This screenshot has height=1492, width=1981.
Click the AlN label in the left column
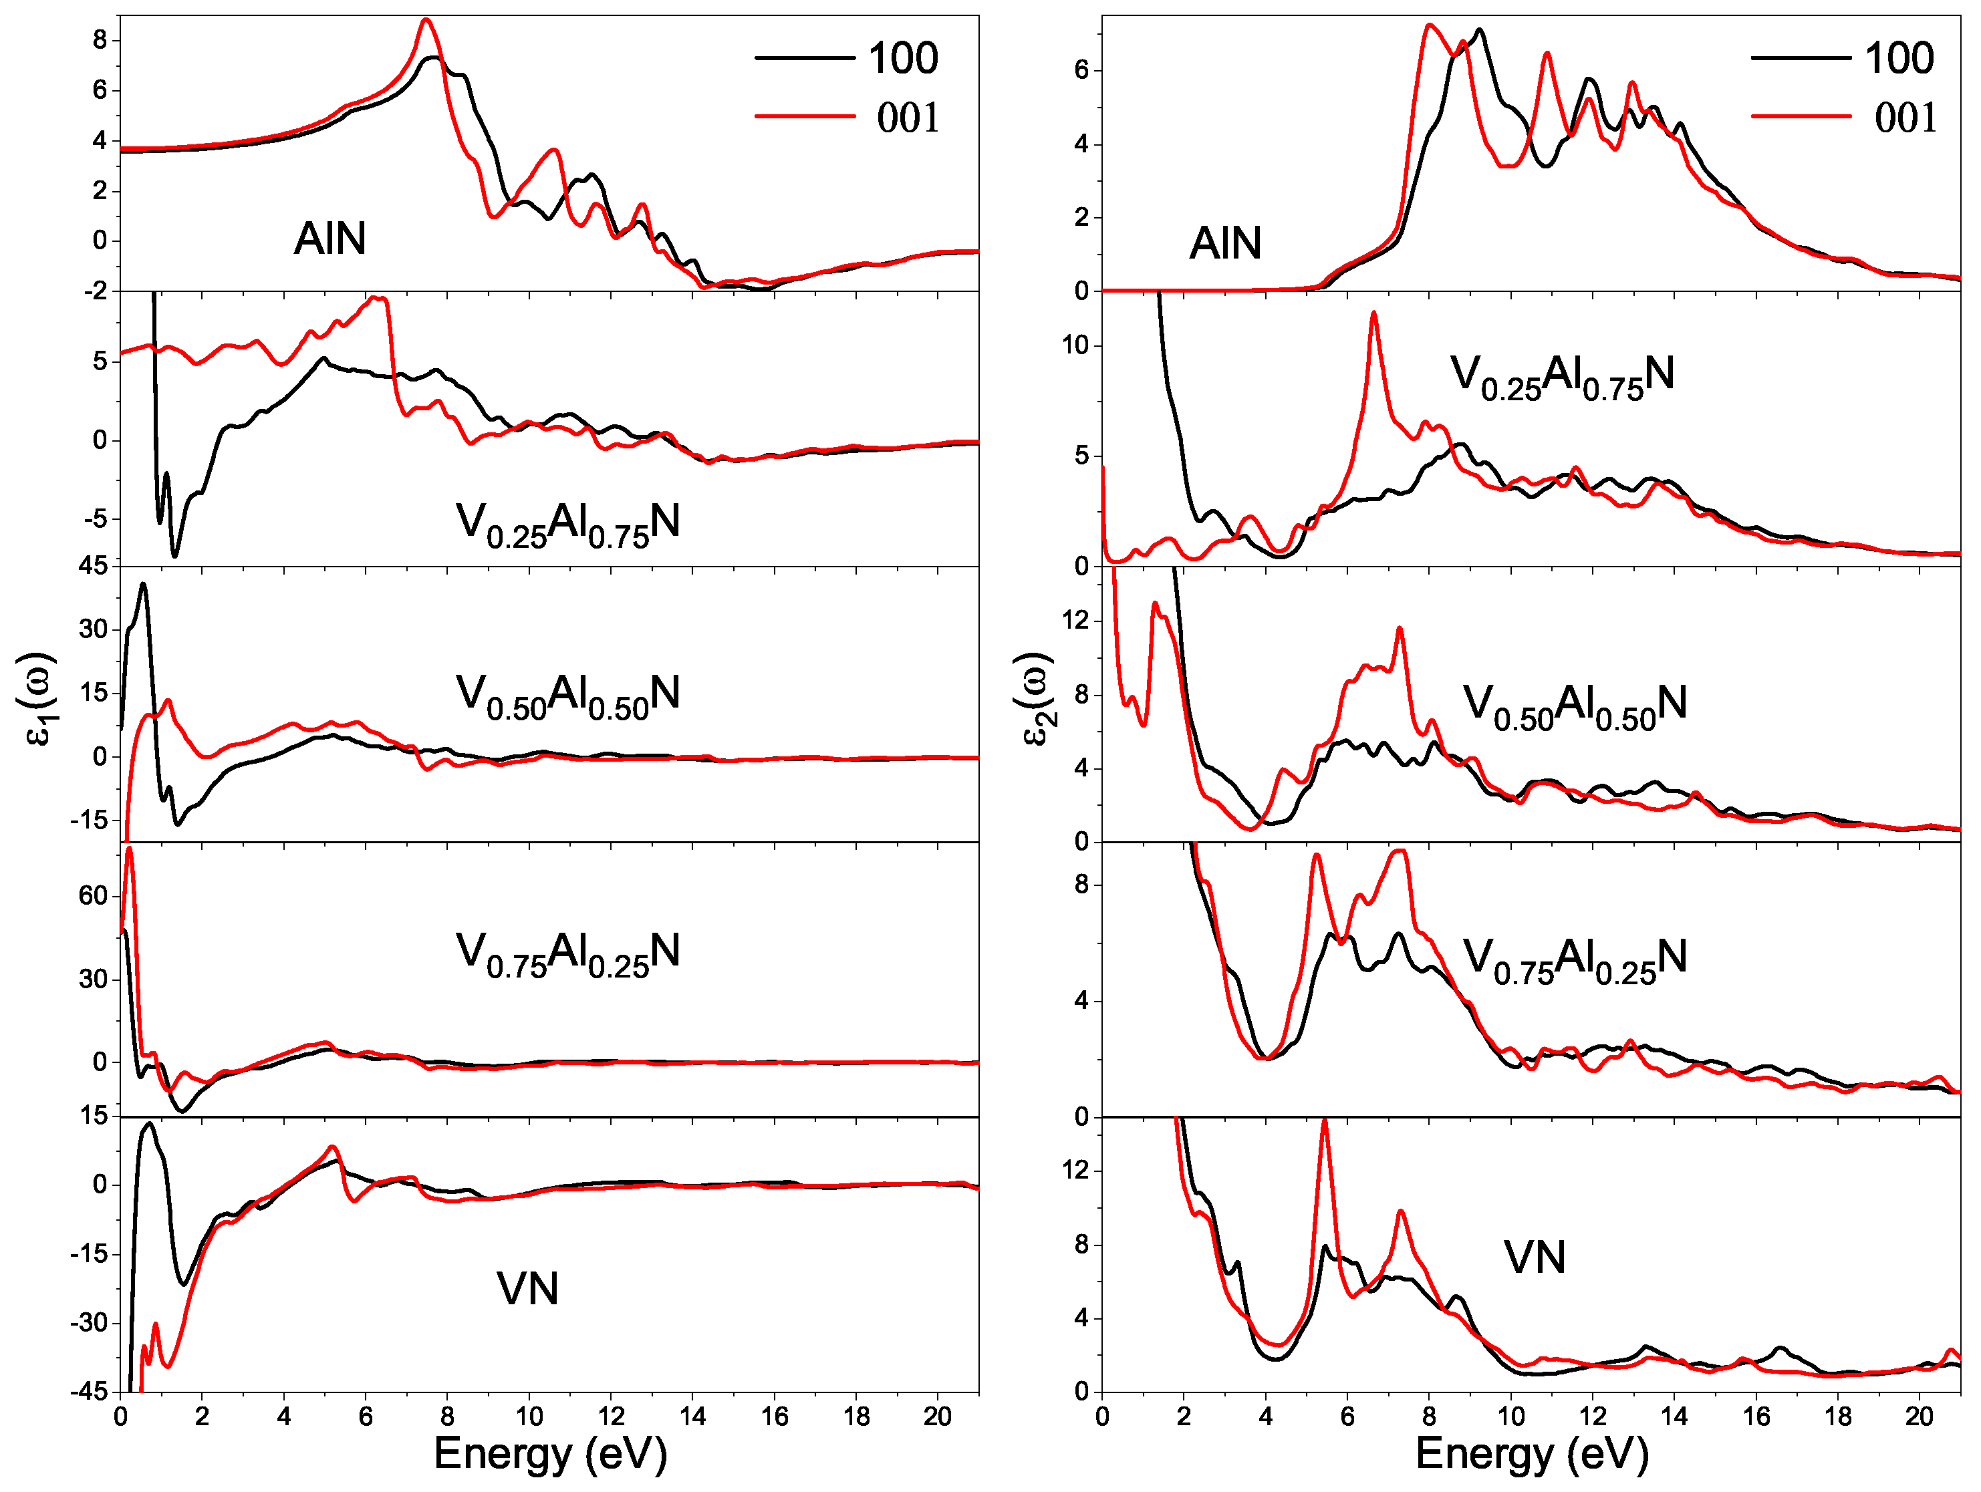tap(329, 239)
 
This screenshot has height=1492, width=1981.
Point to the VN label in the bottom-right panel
tap(1534, 1257)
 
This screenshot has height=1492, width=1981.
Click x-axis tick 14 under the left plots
tap(692, 1416)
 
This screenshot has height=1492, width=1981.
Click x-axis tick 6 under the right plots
tap(1347, 1416)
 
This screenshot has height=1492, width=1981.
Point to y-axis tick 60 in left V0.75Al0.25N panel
tap(92, 895)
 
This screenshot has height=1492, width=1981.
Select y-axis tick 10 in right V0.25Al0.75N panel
tap(1075, 345)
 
